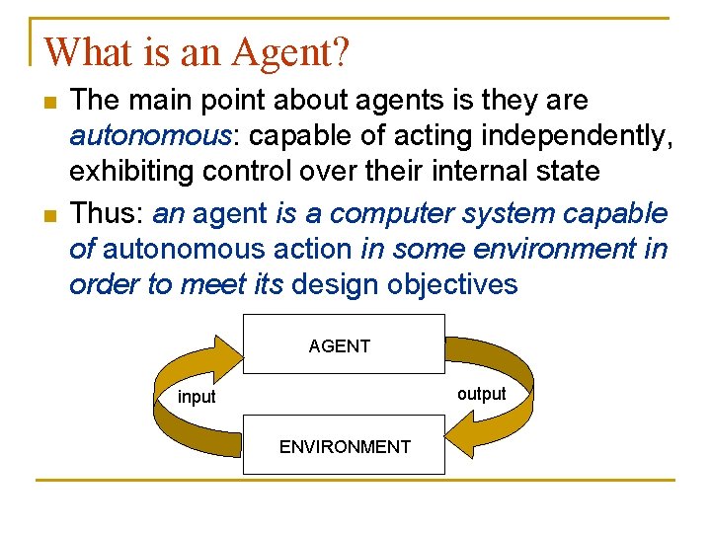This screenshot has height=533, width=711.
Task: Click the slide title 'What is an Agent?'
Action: (x=197, y=51)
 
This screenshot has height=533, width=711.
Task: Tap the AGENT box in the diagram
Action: (x=343, y=344)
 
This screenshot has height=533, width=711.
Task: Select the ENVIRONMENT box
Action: (x=344, y=446)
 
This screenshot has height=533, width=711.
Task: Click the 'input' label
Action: (x=197, y=398)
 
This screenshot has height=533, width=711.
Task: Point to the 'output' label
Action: (x=481, y=394)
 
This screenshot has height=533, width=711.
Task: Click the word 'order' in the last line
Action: (x=100, y=284)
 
